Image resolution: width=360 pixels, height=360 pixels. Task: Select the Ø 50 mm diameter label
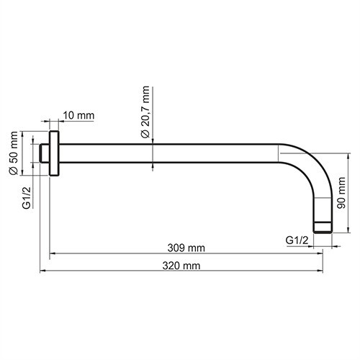point(12,153)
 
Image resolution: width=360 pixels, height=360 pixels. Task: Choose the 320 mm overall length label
point(181,266)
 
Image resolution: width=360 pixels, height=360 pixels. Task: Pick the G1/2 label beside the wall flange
point(26,197)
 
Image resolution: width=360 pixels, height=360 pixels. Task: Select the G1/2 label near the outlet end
point(297,238)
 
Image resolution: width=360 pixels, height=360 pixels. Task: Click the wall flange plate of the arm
point(54,153)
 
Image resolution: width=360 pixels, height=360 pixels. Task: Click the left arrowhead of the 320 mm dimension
point(42,271)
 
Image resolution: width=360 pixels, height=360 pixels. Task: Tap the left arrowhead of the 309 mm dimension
point(53,253)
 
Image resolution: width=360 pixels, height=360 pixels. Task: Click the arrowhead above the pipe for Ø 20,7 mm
point(153,142)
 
